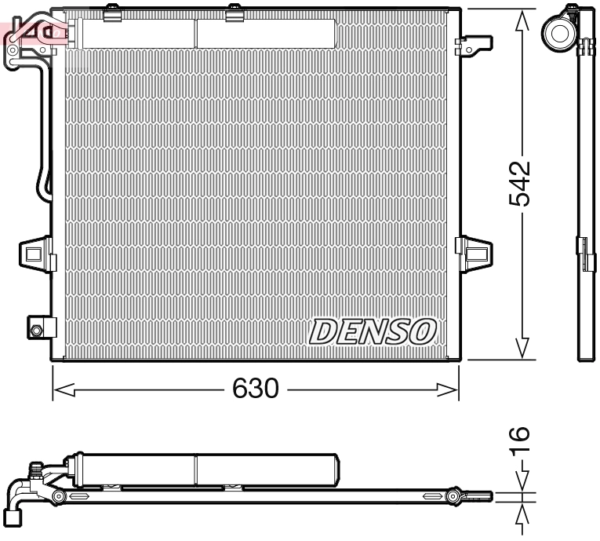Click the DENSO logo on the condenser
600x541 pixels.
[373, 331]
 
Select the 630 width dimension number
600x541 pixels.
[255, 389]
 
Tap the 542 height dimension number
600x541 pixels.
[519, 184]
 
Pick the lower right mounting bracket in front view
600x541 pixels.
[475, 250]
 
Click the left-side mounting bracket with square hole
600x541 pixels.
[35, 253]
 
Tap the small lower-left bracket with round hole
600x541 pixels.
[38, 327]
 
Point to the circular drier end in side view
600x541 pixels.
[560, 32]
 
